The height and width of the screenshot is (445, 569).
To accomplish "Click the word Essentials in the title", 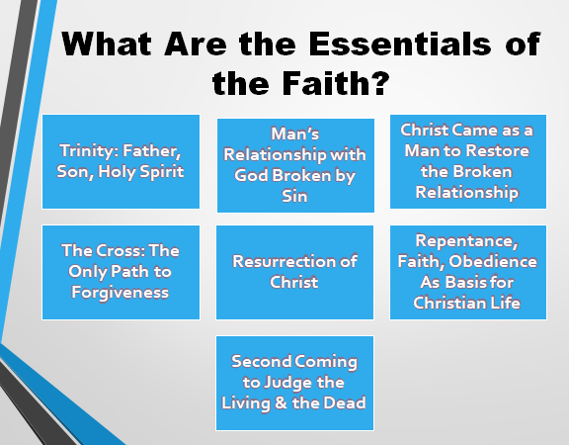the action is (400, 44).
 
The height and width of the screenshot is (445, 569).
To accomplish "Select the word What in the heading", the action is (107, 44).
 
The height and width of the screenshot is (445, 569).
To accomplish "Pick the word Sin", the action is (294, 196).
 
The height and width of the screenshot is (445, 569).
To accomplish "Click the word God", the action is (251, 175).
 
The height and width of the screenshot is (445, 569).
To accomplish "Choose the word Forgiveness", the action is (121, 293).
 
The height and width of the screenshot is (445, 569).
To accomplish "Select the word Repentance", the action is (467, 241).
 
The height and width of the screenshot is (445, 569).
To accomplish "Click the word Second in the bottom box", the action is (261, 362).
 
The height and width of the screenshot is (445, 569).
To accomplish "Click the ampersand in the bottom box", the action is (281, 402).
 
